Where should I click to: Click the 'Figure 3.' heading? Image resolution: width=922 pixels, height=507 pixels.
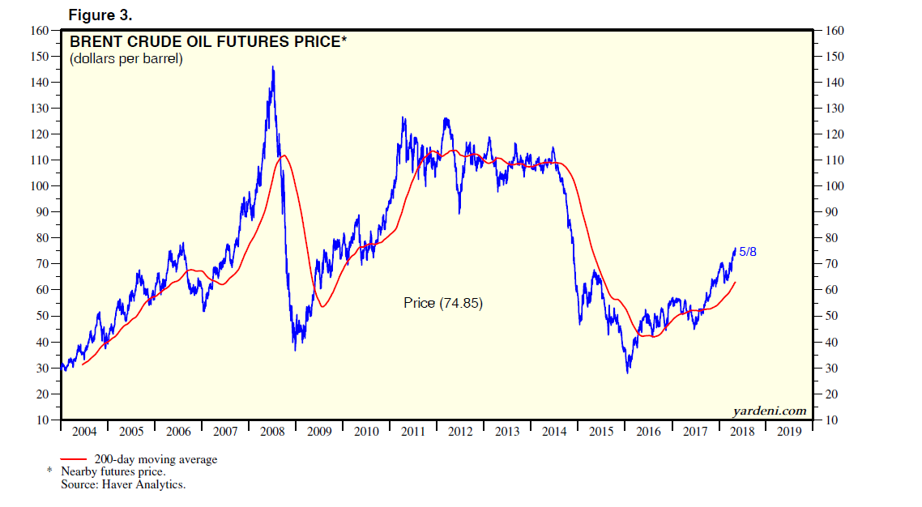coord(100,15)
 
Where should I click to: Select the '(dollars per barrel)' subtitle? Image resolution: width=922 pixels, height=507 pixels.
coord(126,58)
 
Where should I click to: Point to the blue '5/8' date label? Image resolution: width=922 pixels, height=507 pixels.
coord(748,252)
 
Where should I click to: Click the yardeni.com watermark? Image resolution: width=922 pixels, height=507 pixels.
coord(770,411)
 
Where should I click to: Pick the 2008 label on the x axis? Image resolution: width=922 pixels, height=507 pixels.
coord(271,431)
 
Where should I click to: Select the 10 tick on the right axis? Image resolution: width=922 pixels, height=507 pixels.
coord(833,420)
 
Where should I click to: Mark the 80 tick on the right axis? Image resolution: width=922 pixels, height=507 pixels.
coord(833,238)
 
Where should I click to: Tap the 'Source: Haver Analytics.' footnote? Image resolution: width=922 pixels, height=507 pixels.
coord(123,484)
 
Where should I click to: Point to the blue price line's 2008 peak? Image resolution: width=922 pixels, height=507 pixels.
coord(272,67)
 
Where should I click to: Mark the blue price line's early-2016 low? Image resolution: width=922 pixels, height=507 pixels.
coord(627,373)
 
